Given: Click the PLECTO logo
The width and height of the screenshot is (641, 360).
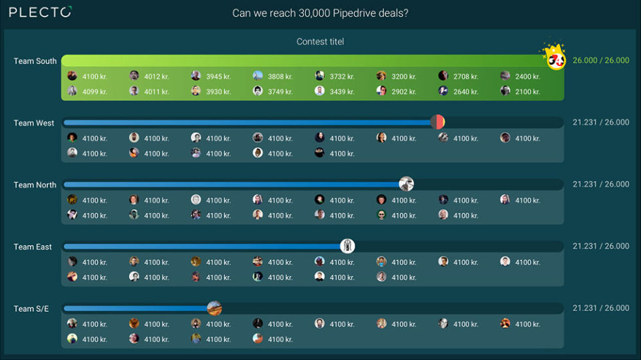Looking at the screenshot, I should [x=40, y=12].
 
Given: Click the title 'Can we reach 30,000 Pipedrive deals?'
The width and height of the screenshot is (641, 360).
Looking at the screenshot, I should [x=320, y=13].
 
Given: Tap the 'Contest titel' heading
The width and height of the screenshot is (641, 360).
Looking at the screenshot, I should [x=320, y=41].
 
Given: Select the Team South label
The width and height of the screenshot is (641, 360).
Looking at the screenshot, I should [x=35, y=61].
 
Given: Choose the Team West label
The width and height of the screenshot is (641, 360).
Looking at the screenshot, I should [x=34, y=123].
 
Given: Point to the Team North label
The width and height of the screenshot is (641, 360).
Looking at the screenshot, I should [x=35, y=185].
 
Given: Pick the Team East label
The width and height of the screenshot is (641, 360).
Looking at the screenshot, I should [x=33, y=246].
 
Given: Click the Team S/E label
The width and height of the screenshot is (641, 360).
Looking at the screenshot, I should [x=31, y=309].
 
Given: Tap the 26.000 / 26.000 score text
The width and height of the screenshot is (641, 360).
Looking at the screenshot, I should [x=600, y=60].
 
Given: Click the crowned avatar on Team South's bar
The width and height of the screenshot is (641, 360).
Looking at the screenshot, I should [x=556, y=59].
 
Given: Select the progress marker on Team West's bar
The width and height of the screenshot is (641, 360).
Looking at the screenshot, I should [x=437, y=122].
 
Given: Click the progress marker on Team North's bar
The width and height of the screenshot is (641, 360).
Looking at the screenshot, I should [x=406, y=184].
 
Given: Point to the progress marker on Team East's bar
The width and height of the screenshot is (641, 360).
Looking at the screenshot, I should [x=347, y=246].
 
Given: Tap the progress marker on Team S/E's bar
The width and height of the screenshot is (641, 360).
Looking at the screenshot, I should [x=214, y=308].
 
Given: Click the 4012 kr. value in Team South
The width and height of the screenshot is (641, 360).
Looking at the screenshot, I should [x=156, y=76].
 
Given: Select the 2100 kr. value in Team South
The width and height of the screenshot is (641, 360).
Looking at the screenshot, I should [x=527, y=92].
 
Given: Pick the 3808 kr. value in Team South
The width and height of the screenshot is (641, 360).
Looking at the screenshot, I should [x=280, y=76].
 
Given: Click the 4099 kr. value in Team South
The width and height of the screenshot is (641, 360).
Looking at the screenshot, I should [x=94, y=92].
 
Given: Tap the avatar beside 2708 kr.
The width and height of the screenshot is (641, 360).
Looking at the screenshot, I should [x=443, y=76].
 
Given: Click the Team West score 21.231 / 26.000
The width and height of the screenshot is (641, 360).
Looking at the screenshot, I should [x=600, y=122].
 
